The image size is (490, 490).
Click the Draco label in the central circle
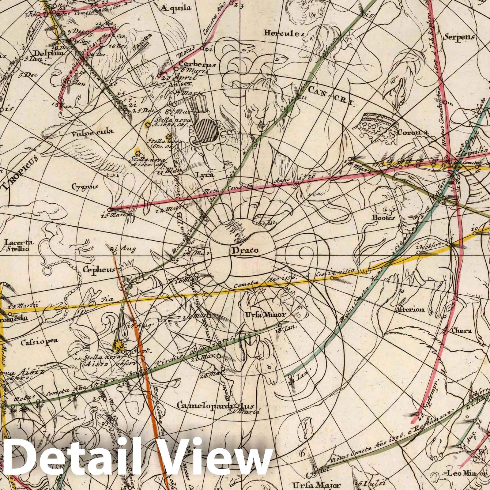pos(244,251)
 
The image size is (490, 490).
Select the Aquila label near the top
pos(176,7)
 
